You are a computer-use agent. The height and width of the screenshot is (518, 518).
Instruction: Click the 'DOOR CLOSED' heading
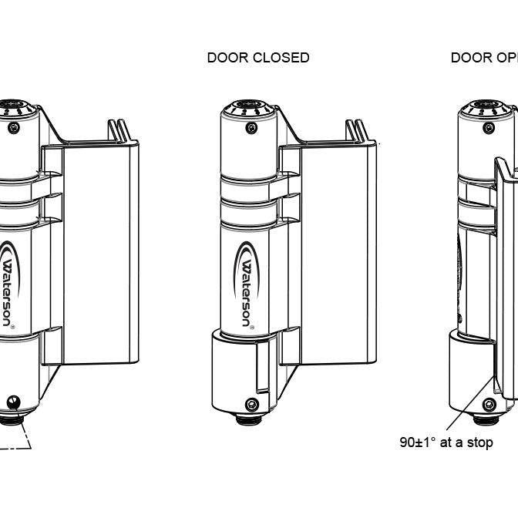tap(258, 58)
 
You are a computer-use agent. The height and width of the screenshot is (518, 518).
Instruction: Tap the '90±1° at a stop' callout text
tap(446, 442)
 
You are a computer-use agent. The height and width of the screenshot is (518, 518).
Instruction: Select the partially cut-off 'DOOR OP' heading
tap(484, 58)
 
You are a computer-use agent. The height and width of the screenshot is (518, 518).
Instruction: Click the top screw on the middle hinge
tap(251, 128)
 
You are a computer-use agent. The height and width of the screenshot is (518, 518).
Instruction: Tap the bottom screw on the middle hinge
tap(251, 404)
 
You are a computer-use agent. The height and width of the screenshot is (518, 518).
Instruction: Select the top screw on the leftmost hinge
tap(12, 128)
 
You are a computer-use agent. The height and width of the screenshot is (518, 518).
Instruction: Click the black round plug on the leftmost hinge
tap(13, 402)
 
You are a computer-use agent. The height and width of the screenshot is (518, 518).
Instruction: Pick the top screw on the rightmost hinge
tap(489, 128)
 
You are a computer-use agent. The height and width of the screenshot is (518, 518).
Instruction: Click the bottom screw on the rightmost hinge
tap(489, 404)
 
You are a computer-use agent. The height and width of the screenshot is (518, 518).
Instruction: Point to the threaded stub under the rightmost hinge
tap(486, 419)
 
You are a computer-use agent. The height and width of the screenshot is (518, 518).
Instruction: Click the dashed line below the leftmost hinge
tap(19, 446)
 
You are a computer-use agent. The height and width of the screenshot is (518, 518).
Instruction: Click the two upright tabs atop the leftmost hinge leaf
tap(117, 130)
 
